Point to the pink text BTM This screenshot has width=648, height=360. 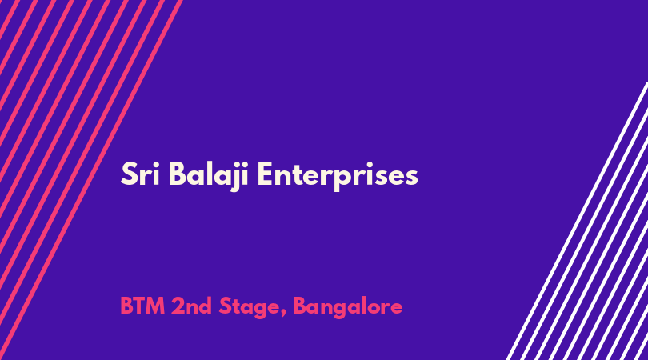click(142, 306)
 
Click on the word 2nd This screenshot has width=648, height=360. click(191, 306)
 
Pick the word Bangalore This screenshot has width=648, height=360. click(347, 308)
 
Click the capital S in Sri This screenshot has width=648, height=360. click(129, 174)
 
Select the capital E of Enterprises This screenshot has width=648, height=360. click(265, 174)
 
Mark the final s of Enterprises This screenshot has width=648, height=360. click(410, 178)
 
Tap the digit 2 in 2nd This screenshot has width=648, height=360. click(178, 306)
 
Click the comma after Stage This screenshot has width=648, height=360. click(283, 314)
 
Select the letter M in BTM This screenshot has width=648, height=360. click(155, 306)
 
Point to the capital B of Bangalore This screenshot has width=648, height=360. click(300, 306)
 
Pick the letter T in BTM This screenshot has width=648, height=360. click(139, 306)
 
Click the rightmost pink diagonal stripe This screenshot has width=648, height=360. click(90, 180)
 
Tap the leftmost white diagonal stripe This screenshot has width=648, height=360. click(577, 221)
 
